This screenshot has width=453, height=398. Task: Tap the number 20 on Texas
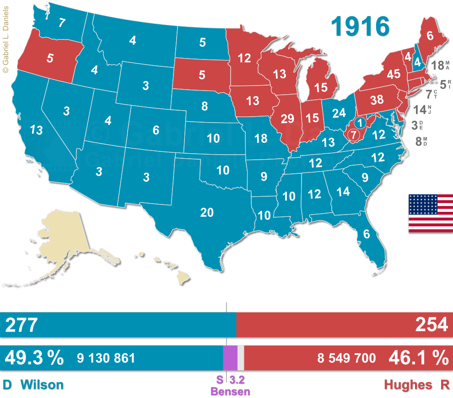207,212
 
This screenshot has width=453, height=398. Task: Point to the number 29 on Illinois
287,119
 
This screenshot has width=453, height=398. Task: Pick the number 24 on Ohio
339,113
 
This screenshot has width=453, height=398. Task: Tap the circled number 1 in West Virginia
360,123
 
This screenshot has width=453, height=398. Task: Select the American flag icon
430,213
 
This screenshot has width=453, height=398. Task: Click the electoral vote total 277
21,325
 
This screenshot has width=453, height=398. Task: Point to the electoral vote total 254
431,325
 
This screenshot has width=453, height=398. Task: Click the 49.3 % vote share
34,358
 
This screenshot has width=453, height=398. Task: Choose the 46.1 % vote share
418,358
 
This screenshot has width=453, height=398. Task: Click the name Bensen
230,392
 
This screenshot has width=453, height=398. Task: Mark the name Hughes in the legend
408,385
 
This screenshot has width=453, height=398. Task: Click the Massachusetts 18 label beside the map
437,65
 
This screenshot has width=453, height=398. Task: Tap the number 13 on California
37,130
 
